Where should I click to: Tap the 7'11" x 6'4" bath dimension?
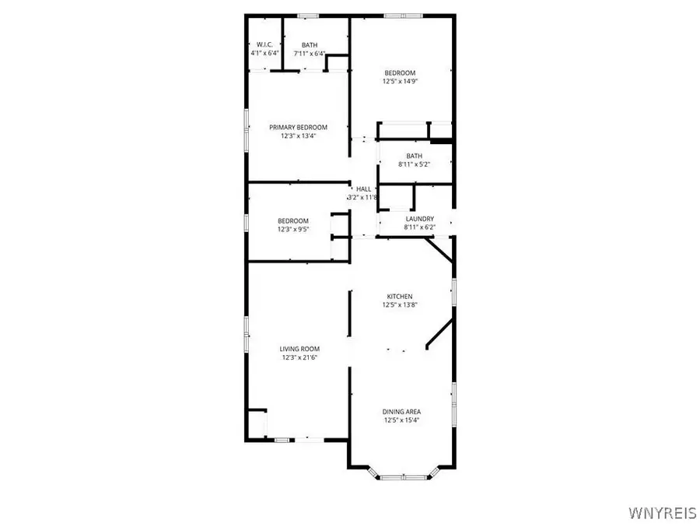[x=310, y=54]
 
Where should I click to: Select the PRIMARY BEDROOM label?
[x=298, y=127]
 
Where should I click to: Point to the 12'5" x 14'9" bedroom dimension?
[x=401, y=81]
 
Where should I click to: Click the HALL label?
[x=363, y=188]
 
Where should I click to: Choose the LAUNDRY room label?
[x=419, y=219]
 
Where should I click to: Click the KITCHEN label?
[x=401, y=297]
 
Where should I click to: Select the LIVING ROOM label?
[x=299, y=349]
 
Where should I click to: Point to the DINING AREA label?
[x=401, y=411]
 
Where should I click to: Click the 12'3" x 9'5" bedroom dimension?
[x=293, y=229]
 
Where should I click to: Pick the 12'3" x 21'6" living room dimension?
[x=299, y=357]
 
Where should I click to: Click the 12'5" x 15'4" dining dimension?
[x=401, y=420]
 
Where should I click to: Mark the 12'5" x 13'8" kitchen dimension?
[x=401, y=305]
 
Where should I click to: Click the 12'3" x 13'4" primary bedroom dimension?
[x=298, y=135]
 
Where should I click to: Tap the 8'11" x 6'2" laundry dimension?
[x=419, y=227]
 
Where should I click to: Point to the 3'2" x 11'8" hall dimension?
[x=363, y=198]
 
